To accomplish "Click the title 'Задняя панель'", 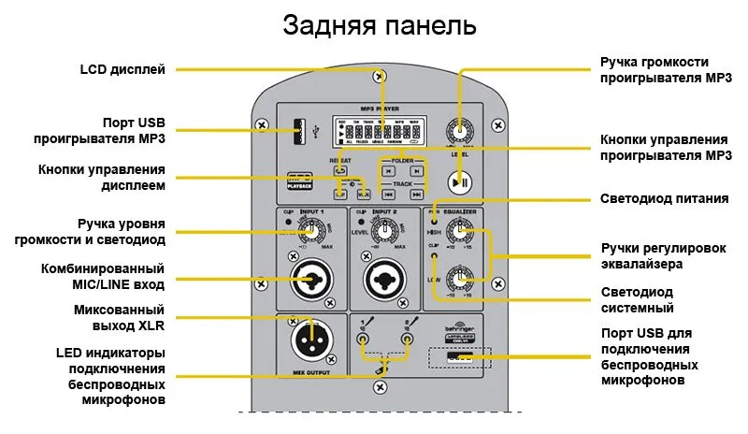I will click(379, 25).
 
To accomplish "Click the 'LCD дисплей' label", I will click(122, 69).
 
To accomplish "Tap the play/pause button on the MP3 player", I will click(459, 181).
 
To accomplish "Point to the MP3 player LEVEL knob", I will click(459, 132).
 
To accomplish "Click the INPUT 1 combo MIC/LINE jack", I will click(309, 278).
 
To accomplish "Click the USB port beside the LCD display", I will click(299, 132).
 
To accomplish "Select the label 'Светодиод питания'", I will click(664, 199).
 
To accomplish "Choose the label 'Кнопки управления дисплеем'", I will click(102, 177).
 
